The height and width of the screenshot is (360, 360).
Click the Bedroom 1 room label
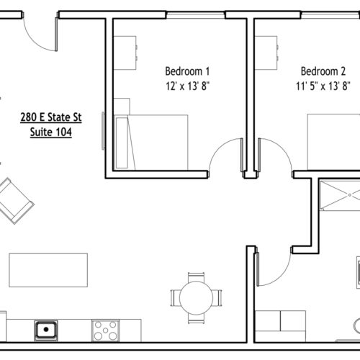(187, 71)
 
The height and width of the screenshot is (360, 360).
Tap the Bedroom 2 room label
(323, 71)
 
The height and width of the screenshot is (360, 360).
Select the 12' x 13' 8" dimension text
(188, 86)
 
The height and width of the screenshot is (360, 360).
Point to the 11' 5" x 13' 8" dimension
(323, 86)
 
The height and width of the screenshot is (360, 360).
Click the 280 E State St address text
(51, 117)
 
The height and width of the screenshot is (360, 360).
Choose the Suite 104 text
(51, 132)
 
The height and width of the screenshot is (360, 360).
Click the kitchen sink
(46, 330)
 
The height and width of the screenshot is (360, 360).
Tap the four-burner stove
(105, 330)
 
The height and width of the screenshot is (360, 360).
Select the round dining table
(196, 298)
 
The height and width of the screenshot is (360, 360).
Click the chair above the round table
(197, 276)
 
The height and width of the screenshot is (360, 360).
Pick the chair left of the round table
(175, 298)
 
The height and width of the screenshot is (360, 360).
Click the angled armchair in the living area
(15, 201)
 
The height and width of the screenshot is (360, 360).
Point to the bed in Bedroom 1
(151, 143)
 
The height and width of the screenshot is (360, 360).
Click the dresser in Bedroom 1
(125, 53)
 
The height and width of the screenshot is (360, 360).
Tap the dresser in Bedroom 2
(266, 53)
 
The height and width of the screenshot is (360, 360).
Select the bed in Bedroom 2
(333, 142)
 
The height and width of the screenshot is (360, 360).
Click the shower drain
(350, 195)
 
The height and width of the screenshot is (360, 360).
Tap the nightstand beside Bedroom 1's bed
(122, 107)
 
